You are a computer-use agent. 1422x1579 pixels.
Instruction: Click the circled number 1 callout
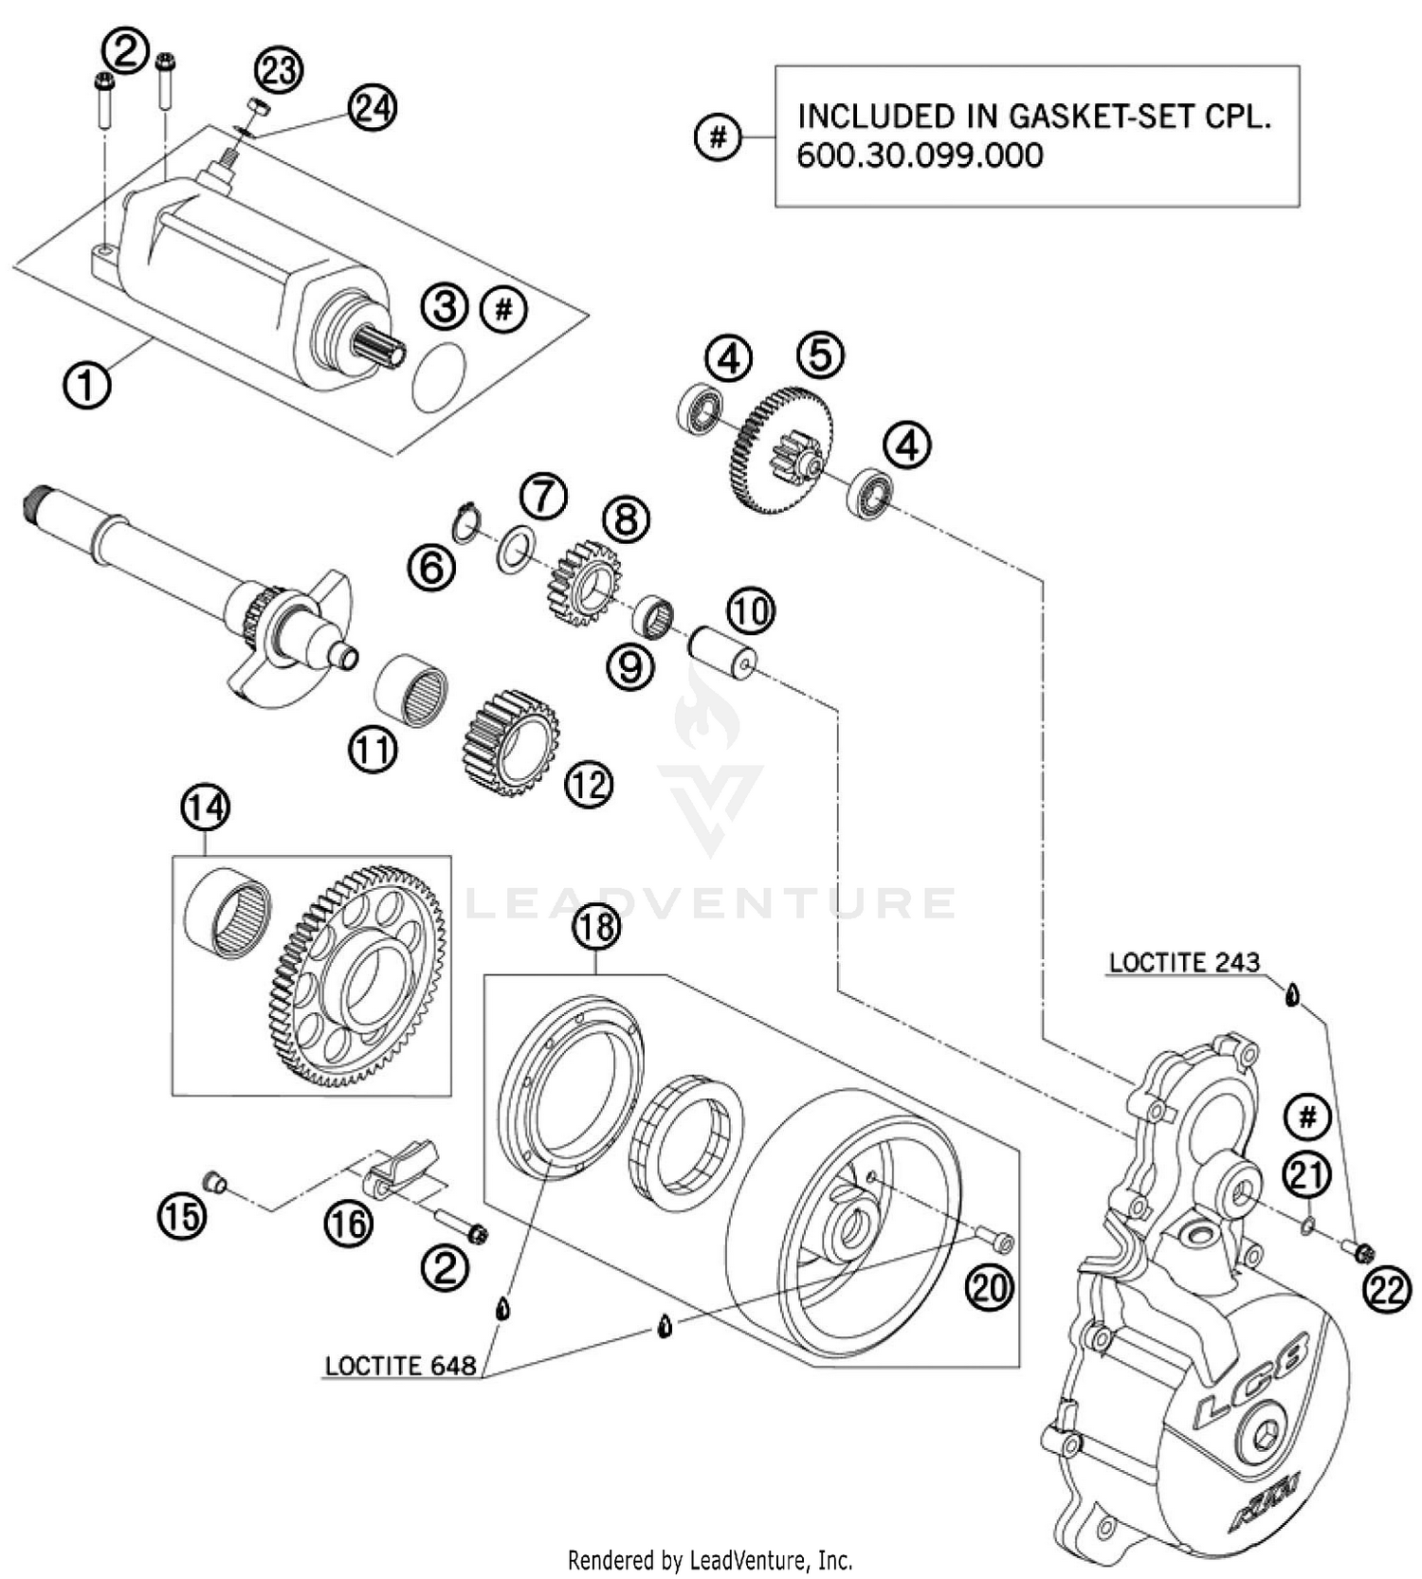[86, 386]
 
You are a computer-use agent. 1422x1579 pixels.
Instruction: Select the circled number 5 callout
[820, 354]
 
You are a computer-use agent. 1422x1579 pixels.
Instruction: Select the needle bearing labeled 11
[411, 688]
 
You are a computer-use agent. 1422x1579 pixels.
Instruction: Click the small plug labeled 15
[215, 1181]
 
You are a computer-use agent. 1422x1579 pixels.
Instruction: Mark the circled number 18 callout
[595, 925]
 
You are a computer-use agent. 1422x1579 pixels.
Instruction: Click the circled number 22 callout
[1387, 1291]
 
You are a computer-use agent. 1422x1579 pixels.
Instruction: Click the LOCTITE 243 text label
[1184, 962]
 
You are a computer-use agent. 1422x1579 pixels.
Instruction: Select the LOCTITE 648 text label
[400, 1366]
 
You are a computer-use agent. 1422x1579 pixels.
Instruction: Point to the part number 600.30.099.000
[920, 155]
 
